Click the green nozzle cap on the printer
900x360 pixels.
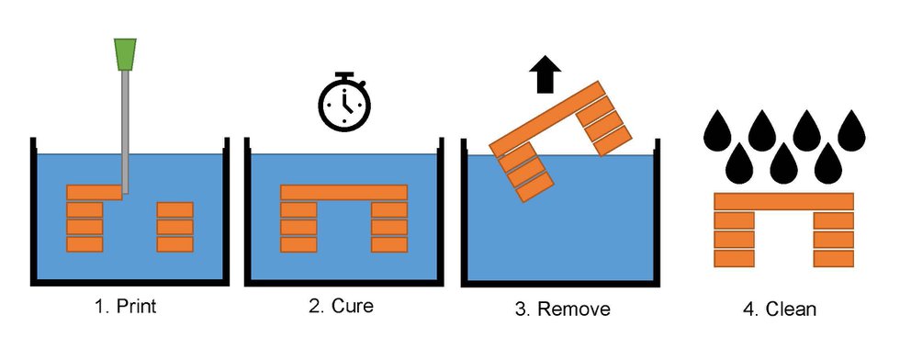[x=126, y=54]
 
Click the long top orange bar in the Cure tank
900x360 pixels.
[x=343, y=193]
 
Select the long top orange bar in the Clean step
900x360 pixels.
[x=783, y=201]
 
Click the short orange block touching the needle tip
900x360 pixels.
[x=94, y=192]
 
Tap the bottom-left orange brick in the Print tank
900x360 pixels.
[x=84, y=244]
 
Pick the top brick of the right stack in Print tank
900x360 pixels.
[x=174, y=209]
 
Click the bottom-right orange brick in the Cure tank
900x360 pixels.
[x=389, y=243]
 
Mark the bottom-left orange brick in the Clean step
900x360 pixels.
[x=734, y=257]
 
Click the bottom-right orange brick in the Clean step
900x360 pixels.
[x=834, y=257]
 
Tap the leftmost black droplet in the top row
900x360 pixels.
[x=717, y=131]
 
